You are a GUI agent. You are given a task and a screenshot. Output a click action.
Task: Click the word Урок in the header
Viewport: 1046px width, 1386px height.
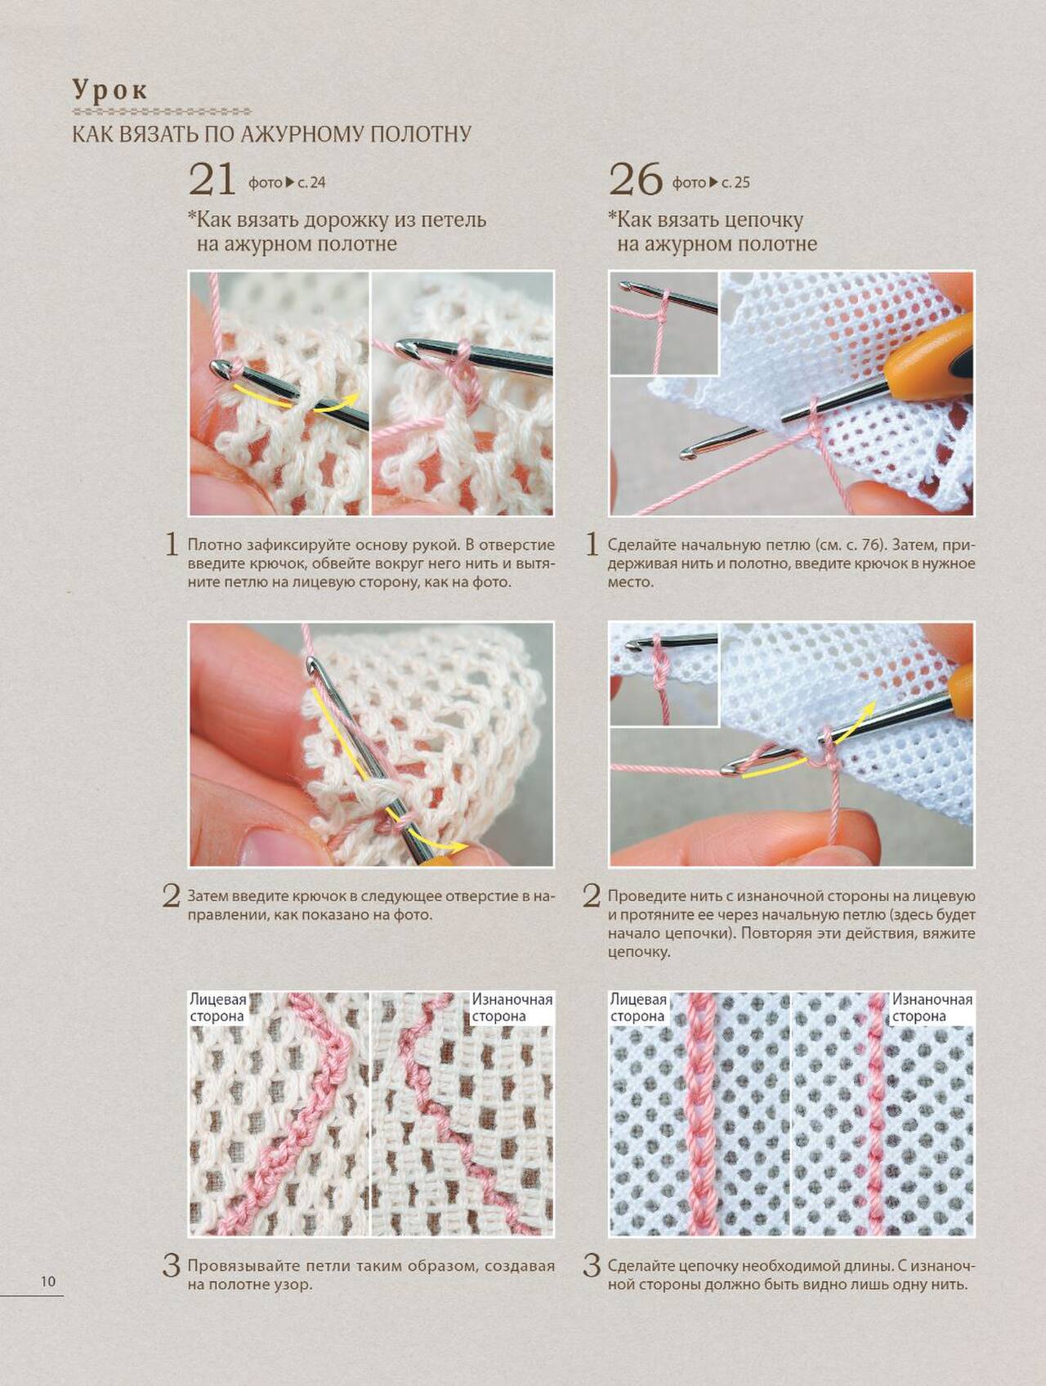[x=110, y=89]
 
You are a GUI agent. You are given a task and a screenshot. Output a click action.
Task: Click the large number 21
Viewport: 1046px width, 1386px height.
[x=212, y=179]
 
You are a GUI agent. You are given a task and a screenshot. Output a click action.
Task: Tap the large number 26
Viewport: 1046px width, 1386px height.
[x=635, y=179]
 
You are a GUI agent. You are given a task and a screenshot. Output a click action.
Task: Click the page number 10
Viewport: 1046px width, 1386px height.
[x=48, y=1281]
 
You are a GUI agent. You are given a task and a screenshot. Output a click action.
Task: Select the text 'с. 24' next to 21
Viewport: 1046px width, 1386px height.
[x=311, y=182]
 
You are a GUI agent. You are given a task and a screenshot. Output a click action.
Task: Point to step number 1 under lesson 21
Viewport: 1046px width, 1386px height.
[x=172, y=545]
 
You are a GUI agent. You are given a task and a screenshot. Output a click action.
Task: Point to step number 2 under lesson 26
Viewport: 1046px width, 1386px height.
[x=592, y=896]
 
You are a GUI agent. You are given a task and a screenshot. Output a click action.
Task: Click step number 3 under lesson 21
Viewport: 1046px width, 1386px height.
[x=171, y=1267]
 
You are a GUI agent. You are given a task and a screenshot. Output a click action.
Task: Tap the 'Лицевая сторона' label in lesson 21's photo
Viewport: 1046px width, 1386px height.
[x=217, y=1007]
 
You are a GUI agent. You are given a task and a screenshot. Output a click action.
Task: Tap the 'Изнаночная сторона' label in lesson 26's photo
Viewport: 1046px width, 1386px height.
[x=932, y=1007]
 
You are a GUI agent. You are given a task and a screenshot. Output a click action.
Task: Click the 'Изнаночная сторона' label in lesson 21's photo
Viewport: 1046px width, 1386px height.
[x=512, y=1007]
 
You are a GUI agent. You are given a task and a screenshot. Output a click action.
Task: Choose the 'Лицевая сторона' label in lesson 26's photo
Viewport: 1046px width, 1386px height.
[x=638, y=1007]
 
